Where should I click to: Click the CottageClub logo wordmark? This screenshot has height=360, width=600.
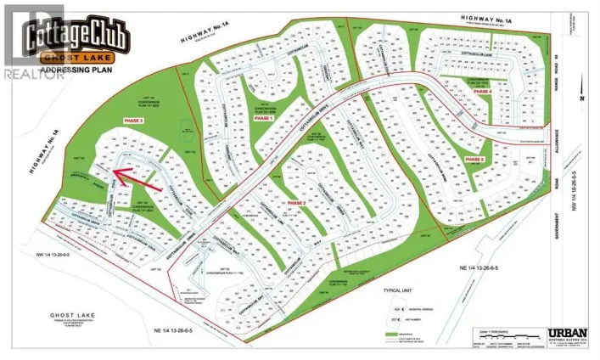[77, 37]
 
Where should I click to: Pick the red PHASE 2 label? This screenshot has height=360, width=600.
[296, 204]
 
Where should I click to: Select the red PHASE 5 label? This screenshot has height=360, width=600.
[474, 159]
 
